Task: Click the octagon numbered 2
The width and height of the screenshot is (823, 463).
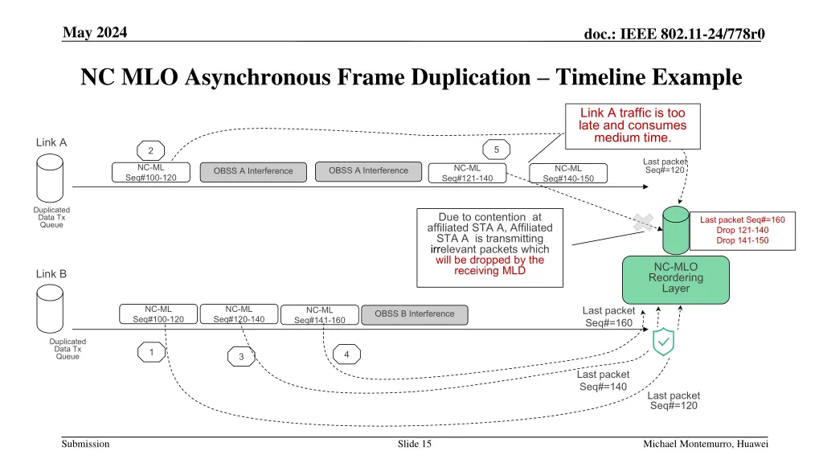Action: tap(150, 150)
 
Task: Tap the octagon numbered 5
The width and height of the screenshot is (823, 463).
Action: tap(496, 150)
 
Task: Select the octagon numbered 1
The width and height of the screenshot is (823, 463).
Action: tap(151, 352)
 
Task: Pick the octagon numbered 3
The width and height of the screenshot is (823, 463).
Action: tap(241, 356)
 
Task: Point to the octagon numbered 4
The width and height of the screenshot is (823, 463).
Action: tap(346, 354)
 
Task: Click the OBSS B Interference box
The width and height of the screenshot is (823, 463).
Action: tap(415, 314)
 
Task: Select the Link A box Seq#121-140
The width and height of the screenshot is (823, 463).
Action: tap(467, 174)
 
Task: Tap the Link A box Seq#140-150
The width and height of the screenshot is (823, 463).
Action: tap(568, 174)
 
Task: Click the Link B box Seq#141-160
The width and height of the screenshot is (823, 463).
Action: tap(320, 315)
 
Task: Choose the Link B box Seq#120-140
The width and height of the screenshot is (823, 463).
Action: tap(239, 314)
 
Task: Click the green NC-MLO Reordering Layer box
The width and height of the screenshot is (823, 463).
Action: tap(675, 280)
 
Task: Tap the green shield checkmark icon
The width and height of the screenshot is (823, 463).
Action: tap(663, 342)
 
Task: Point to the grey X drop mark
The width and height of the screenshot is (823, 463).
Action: tap(644, 222)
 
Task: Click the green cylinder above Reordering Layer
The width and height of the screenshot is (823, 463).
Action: tap(675, 230)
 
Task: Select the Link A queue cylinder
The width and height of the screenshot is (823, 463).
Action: tap(50, 178)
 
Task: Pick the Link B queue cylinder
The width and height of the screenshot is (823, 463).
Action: tap(50, 309)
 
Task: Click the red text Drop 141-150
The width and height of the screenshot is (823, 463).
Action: tap(742, 240)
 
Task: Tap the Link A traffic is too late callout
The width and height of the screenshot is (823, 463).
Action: tap(633, 126)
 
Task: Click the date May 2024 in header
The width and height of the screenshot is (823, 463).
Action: tap(95, 32)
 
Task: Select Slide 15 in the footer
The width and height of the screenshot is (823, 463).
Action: tap(414, 444)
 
